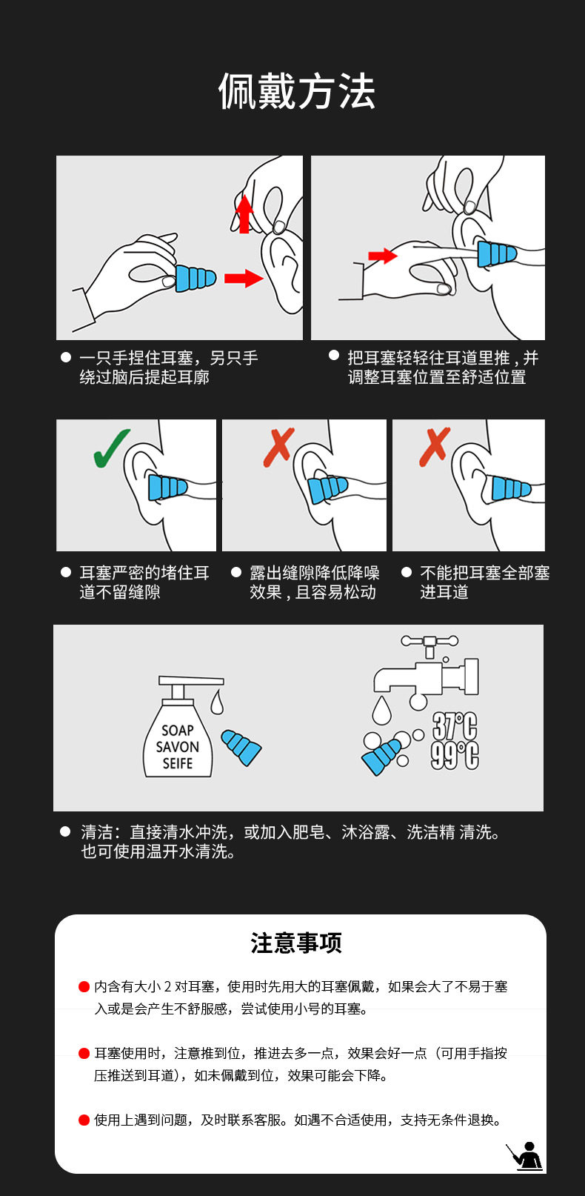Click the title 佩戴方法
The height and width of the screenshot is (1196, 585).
coord(296,91)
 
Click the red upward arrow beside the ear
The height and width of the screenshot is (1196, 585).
coord(244,214)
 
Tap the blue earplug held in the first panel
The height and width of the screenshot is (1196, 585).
coord(195,278)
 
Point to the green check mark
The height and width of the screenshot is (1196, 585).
coord(111,448)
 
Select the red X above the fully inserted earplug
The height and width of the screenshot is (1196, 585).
coord(435,447)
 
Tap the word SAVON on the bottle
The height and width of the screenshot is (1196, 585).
coord(177,746)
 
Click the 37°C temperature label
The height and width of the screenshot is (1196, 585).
coord(455,726)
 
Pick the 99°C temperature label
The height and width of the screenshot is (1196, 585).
coord(455,755)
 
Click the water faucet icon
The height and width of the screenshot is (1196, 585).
coord(426,670)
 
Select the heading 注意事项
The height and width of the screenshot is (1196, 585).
coord(296,943)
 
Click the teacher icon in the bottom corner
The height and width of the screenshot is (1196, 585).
coord(524,1157)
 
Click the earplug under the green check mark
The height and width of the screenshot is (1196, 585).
coord(167,487)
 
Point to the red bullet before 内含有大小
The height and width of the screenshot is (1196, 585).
coord(84,986)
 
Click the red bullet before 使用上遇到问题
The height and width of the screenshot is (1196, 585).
coord(84,1120)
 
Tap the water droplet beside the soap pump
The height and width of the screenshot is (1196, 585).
coord(217,702)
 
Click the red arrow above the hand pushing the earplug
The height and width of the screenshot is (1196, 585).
coord(383,256)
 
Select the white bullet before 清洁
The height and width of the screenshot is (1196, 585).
coord(66,831)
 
